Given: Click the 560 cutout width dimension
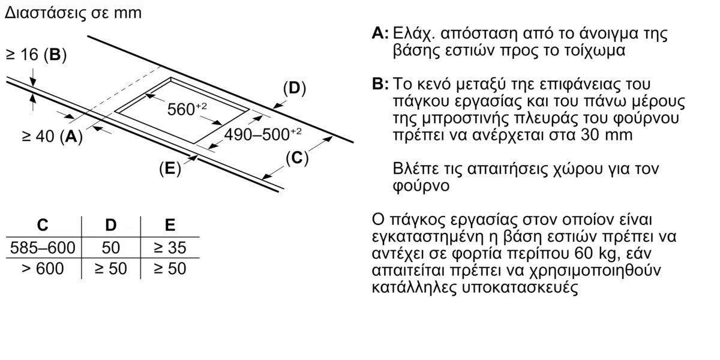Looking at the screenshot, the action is pos(187,109).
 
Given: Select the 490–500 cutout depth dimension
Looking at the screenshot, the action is pos(263,134).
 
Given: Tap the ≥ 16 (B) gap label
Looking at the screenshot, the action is pos(36,55).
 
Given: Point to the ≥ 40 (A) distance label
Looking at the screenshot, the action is pos(52,136).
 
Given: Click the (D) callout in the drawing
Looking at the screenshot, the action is pos(295,88).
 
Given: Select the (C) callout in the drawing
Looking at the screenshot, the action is pos(297,158).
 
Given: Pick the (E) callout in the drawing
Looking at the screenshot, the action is pos(170,169).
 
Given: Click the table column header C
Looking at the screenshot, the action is pos(43,225).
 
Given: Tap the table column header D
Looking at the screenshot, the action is pos(111,225).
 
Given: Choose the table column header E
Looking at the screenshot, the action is pos(170,225).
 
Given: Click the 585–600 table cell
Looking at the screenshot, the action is pos(43,248).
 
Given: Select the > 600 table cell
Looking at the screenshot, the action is pos(43,269).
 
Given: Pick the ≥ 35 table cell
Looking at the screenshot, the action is pos(170,248).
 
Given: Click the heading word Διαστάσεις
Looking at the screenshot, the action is pos(46,13).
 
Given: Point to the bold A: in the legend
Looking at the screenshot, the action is pos(380,33).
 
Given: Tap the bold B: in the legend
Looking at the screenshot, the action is pos(380,84).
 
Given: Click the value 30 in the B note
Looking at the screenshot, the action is pos(590,134).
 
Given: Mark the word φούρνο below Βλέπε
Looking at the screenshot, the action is pos(421,186).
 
